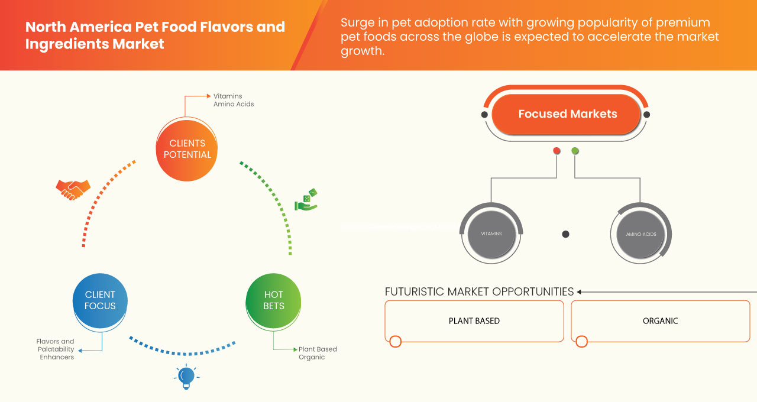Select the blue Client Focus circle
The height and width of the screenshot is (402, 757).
pyautogui.click(x=100, y=300)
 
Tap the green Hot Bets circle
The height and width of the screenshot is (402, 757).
pyautogui.click(x=273, y=300)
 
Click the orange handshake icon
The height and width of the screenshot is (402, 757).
pyautogui.click(x=73, y=189)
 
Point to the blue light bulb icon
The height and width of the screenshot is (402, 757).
pyautogui.click(x=186, y=377)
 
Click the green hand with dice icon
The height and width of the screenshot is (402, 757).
pyautogui.click(x=306, y=200)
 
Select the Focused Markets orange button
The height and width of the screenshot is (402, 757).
pyautogui.click(x=567, y=115)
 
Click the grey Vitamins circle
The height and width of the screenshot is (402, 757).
pyautogui.click(x=491, y=234)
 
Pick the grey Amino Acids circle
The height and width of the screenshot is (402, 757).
pyautogui.click(x=640, y=234)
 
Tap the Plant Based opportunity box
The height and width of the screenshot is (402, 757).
pyautogui.click(x=474, y=321)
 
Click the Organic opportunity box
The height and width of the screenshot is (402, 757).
pyautogui.click(x=660, y=321)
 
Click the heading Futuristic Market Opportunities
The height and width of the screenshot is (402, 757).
pyautogui.click(x=479, y=291)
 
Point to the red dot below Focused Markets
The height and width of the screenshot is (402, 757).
pyautogui.click(x=557, y=151)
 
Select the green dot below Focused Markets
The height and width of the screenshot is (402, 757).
pyautogui.click(x=575, y=151)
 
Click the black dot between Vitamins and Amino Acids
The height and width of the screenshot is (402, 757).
pyautogui.click(x=565, y=234)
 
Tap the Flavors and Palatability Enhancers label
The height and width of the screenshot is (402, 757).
pyautogui.click(x=56, y=349)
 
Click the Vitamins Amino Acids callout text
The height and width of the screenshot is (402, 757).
pyautogui.click(x=234, y=100)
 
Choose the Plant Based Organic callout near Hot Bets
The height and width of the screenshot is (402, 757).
pyautogui.click(x=318, y=353)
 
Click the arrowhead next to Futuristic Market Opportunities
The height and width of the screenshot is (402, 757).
pyautogui.click(x=580, y=291)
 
